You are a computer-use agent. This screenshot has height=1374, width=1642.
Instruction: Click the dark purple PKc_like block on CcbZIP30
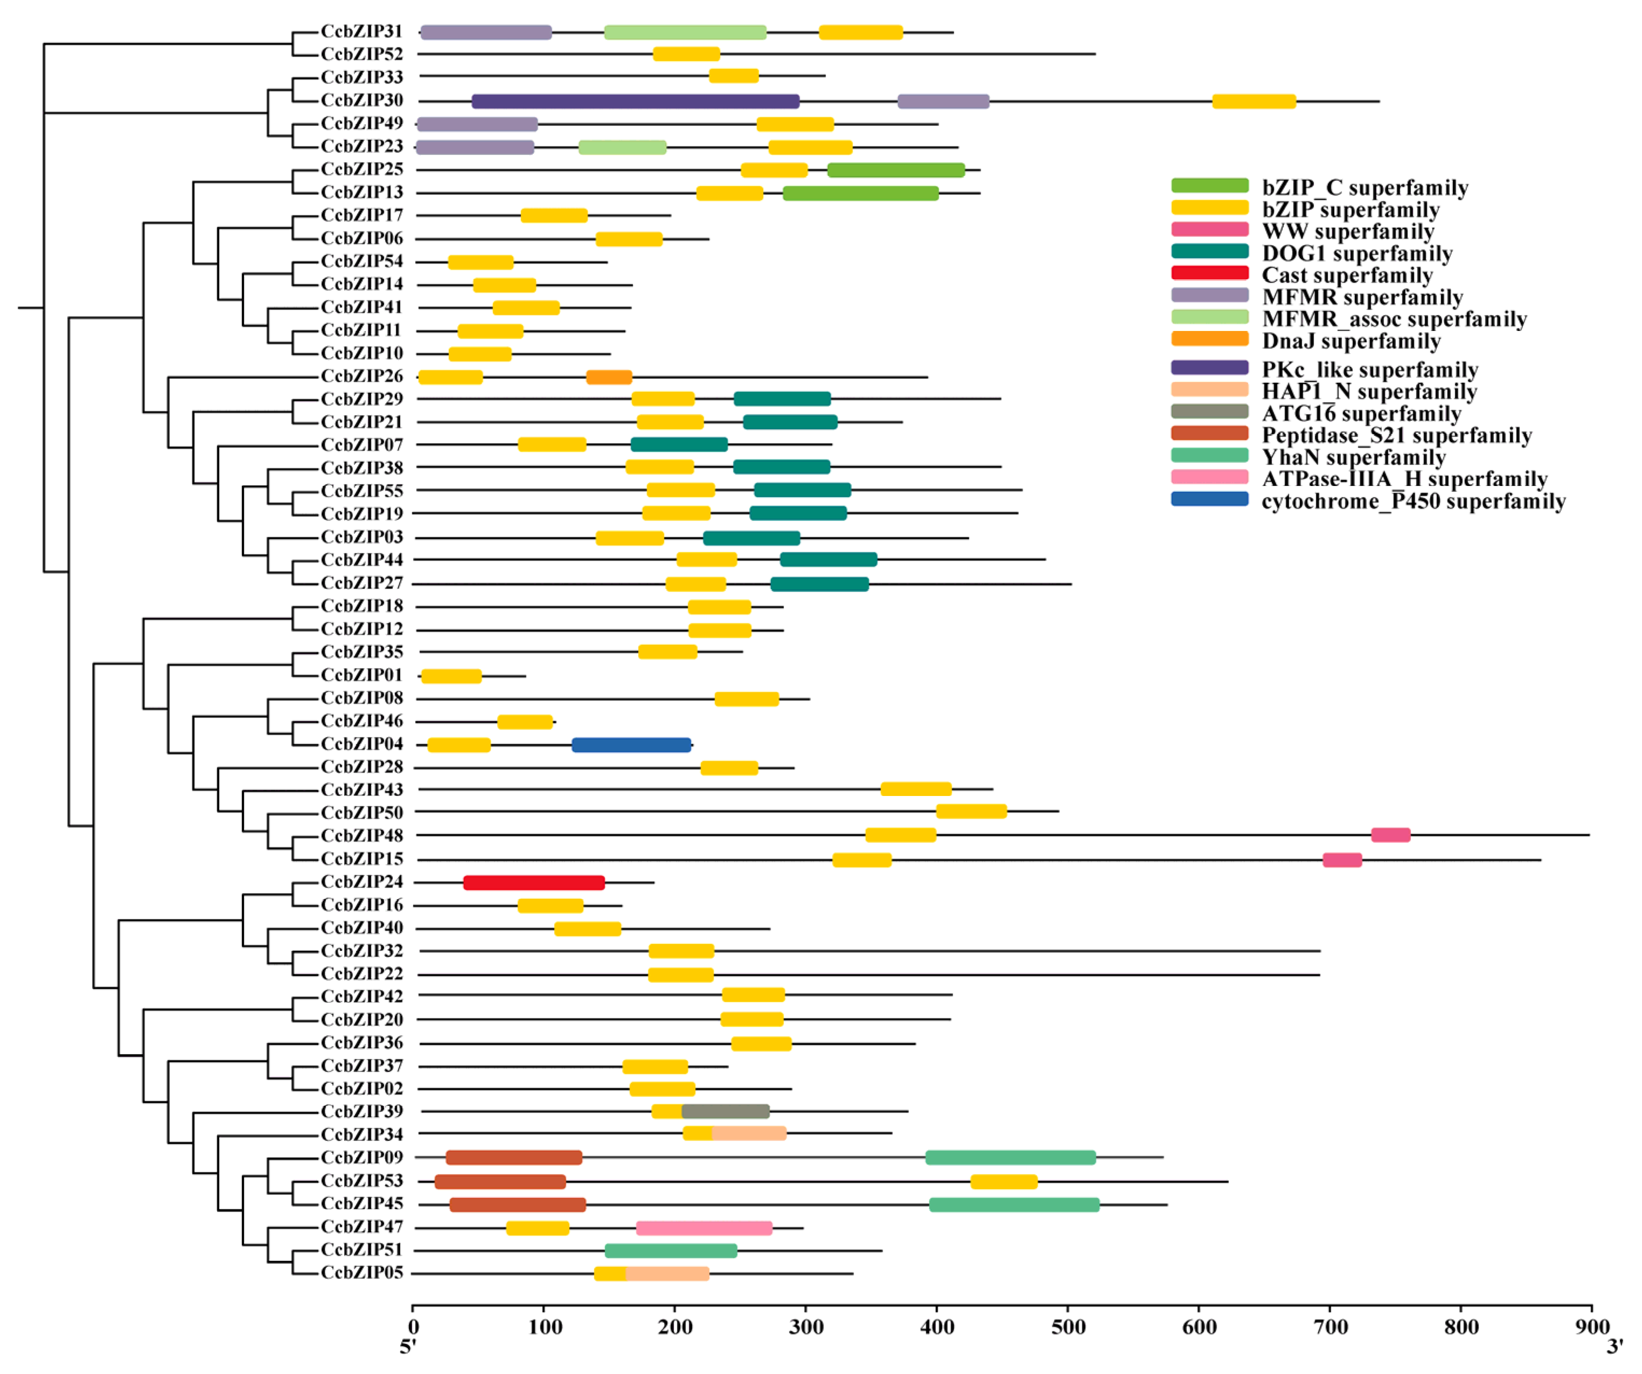[x=635, y=101]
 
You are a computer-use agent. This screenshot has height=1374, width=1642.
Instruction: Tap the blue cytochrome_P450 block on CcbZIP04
[x=631, y=745]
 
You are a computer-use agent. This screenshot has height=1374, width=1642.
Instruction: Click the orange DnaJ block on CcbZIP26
[x=609, y=377]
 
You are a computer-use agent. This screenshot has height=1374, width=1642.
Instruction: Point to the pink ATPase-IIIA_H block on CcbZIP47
[x=704, y=1228]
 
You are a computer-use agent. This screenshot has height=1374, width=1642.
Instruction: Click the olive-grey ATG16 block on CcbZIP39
[x=725, y=1111]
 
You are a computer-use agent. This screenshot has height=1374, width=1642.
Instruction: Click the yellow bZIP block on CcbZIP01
[x=451, y=676]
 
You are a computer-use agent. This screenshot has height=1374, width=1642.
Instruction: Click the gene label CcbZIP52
[x=362, y=54]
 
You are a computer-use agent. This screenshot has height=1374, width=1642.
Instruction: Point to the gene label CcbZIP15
[x=362, y=859]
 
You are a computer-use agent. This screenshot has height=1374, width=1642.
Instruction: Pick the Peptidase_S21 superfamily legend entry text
[x=1396, y=435]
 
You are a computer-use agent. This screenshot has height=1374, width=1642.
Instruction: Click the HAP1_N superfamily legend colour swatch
[x=1210, y=389]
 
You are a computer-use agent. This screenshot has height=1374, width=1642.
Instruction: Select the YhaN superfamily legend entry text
[x=1353, y=457]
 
